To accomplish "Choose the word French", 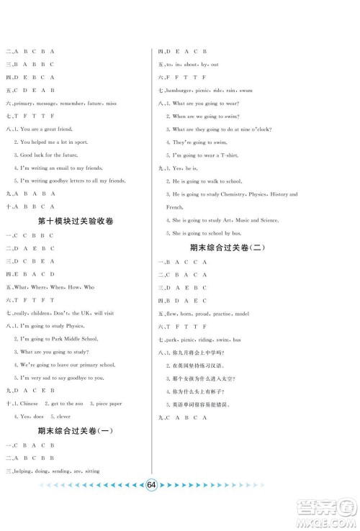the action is (175, 207).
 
